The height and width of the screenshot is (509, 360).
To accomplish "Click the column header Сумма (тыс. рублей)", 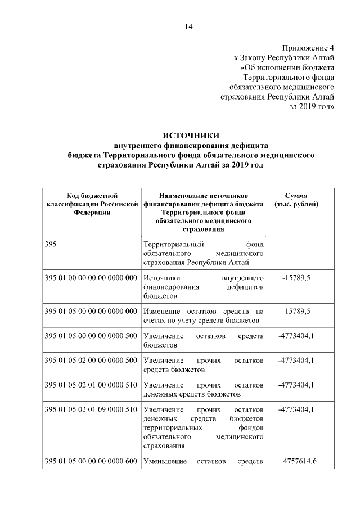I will (296, 200).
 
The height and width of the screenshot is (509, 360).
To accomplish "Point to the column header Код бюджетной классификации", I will (92, 204).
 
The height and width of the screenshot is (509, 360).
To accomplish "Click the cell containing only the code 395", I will (51, 245).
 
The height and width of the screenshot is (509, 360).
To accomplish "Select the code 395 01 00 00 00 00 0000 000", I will (91, 278).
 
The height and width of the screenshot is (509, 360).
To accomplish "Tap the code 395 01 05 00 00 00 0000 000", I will (91, 311).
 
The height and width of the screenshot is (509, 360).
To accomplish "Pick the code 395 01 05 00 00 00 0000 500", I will (91, 336).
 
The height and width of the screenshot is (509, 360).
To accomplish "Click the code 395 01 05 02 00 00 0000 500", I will (91, 361).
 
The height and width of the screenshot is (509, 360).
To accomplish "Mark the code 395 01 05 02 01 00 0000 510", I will (91, 385).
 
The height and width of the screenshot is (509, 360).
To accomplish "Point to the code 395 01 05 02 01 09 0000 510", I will (91, 410).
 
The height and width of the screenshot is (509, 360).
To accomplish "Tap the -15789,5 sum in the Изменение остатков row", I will (296, 311).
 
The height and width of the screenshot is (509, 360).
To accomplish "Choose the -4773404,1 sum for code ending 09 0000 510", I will (296, 410).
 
